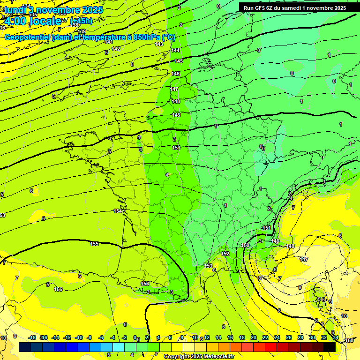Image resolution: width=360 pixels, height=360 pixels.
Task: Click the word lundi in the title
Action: (x=14, y=9)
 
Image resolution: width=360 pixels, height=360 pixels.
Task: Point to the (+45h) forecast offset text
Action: (x=81, y=21)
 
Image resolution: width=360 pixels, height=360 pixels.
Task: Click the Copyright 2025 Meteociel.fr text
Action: (x=199, y=357)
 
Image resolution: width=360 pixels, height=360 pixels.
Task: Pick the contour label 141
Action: (x=109, y=42)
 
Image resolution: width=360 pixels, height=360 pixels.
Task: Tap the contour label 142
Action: (x=116, y=49)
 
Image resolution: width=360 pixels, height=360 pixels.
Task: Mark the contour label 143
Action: (x=159, y=44)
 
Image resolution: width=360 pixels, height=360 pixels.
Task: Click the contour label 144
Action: (x=175, y=50)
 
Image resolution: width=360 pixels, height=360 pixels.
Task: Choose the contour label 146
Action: (x=176, y=74)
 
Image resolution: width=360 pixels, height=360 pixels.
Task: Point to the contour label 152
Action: (x=225, y=254)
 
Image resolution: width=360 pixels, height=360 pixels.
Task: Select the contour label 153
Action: (x=208, y=266)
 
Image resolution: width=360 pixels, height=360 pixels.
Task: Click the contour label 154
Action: (x=118, y=211)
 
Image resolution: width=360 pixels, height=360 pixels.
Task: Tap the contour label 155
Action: (x=94, y=244)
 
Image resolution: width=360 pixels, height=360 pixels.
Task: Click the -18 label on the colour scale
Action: (x=32, y=338)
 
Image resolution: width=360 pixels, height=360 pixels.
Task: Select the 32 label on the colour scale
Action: (x=323, y=338)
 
